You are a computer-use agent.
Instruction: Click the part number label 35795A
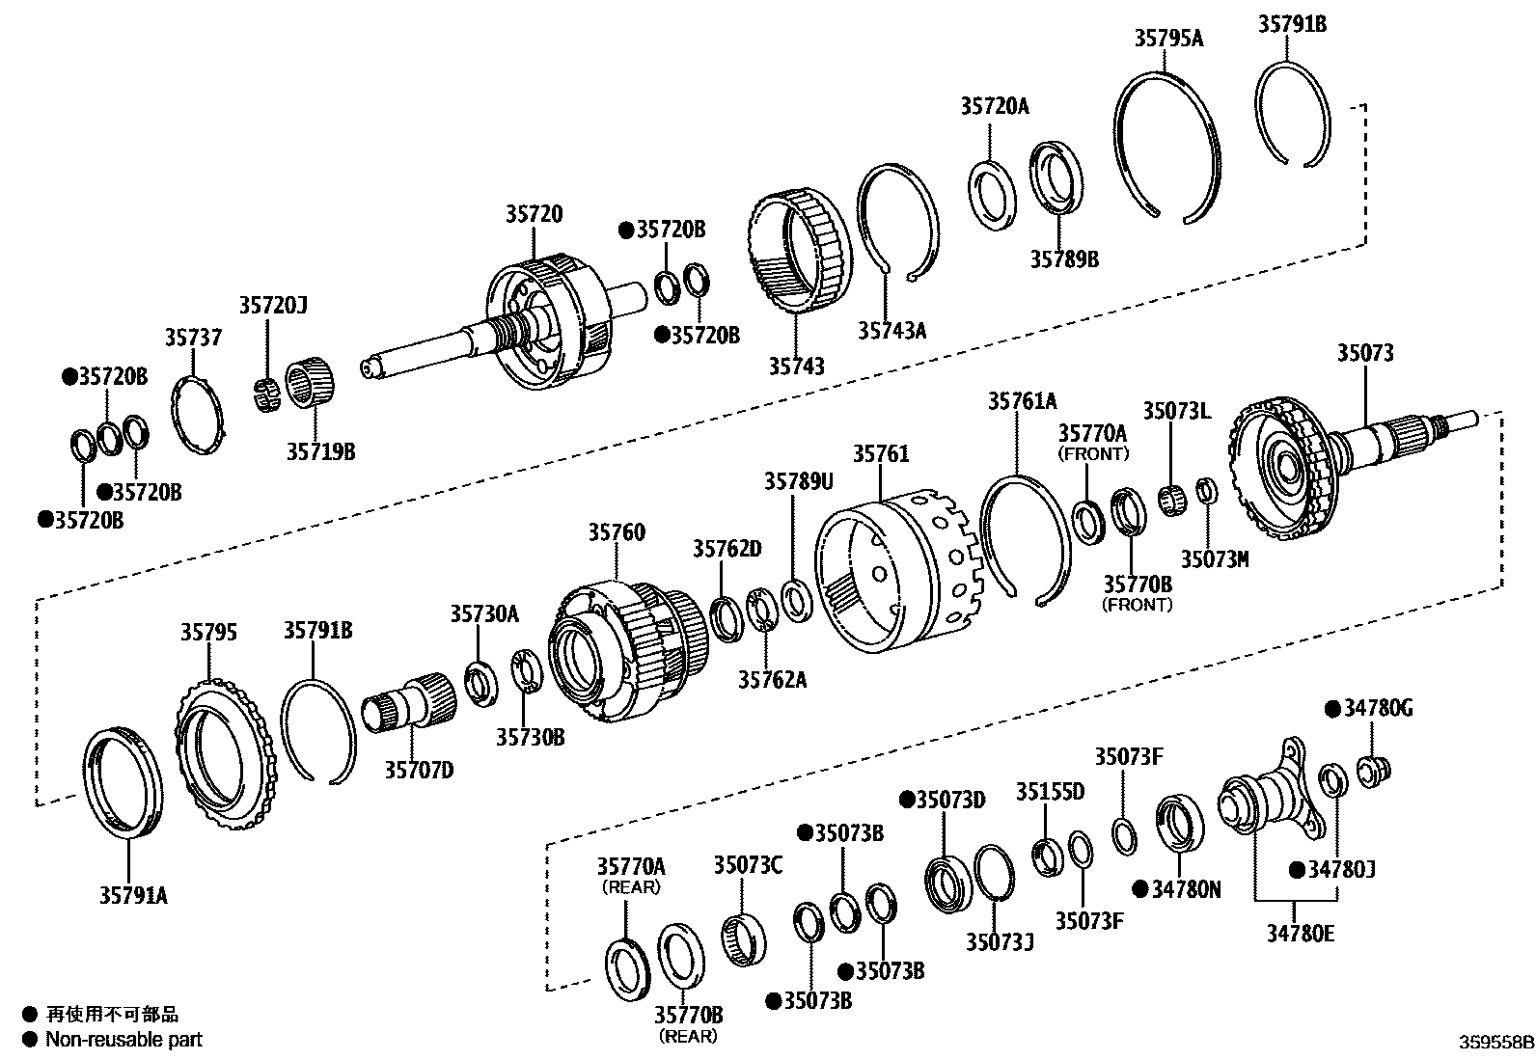pos(1168,39)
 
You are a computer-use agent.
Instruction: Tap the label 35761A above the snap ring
pos(1022,400)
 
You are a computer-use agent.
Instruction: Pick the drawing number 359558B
pos(1495,1043)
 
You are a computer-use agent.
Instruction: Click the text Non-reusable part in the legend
pos(124,1039)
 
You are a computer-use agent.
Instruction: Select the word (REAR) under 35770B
pos(688,1036)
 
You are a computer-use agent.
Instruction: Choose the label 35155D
pos(1050,792)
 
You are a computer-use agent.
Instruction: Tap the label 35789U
pos(798,480)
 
